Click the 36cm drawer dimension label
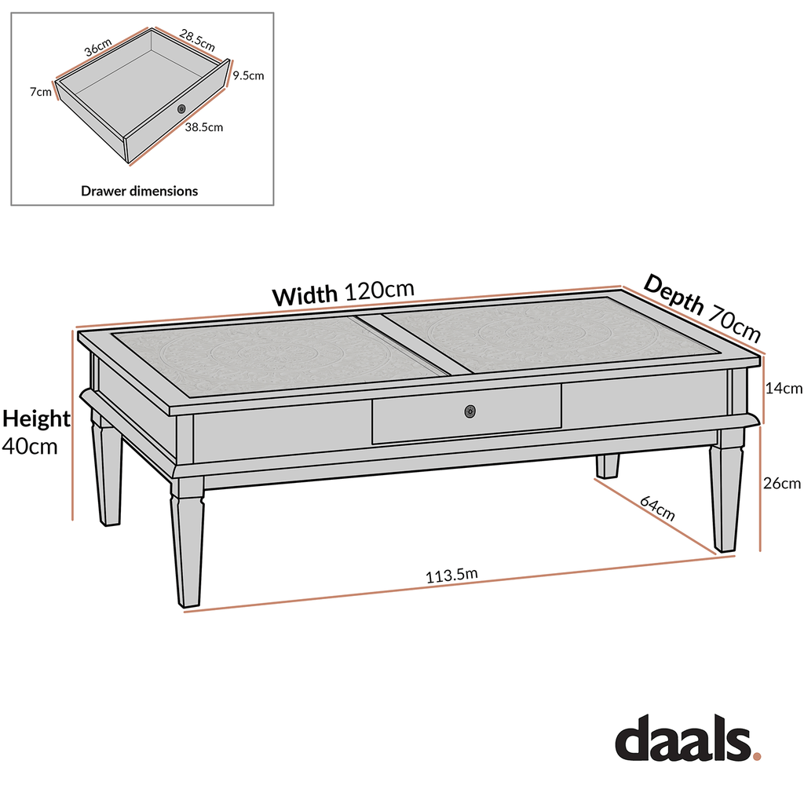point(99,47)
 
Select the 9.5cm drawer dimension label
point(248,76)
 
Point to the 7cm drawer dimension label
point(41,92)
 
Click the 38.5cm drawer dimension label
point(203,126)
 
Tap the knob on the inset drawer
point(181,108)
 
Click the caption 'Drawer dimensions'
point(140,191)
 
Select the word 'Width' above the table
point(305,296)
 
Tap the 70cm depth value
point(735,324)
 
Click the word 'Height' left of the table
point(36,418)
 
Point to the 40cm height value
point(31,446)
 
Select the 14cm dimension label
point(784,388)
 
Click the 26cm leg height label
point(783,484)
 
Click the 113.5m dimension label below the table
point(451,576)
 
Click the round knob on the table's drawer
point(470,411)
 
